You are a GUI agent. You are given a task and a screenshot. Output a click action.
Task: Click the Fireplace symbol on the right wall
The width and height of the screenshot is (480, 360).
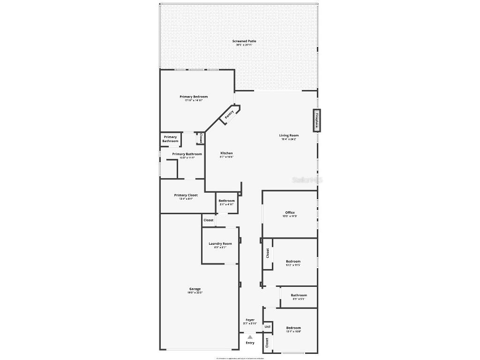(x=316, y=120)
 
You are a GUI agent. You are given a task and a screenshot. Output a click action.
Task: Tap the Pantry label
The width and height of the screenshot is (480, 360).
(x=229, y=114)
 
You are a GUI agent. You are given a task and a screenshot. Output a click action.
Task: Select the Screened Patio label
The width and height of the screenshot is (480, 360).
(x=244, y=41)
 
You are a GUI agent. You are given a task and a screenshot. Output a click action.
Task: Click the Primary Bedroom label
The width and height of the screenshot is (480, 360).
(x=194, y=97)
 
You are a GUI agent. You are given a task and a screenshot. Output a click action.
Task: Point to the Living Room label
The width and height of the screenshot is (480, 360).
(x=289, y=135)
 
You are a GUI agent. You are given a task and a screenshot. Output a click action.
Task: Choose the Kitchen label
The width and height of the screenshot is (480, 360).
(x=226, y=153)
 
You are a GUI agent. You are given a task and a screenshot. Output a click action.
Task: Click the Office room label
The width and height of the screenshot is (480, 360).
(x=290, y=213)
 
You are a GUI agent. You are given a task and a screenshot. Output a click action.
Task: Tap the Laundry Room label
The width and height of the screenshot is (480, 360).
(x=220, y=244)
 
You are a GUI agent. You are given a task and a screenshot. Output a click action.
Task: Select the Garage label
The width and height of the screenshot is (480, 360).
(x=195, y=289)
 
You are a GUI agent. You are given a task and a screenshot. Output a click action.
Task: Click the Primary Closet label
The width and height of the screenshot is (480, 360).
(x=186, y=195)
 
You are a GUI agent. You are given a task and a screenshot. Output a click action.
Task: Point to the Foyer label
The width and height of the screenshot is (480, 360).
(x=250, y=320)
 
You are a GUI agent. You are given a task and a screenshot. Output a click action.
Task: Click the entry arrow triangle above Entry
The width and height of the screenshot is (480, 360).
(x=250, y=337)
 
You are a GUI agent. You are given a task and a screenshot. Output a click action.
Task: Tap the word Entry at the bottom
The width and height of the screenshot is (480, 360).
(x=250, y=343)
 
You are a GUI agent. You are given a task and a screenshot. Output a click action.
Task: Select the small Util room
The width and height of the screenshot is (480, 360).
(x=268, y=326)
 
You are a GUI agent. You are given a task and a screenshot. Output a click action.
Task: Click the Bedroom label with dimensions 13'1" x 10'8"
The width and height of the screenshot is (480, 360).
(x=293, y=328)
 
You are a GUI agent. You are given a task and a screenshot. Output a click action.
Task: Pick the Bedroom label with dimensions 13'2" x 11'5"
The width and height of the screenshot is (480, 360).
(x=293, y=261)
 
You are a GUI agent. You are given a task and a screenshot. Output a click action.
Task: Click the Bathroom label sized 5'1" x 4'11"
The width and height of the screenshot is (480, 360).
(x=226, y=201)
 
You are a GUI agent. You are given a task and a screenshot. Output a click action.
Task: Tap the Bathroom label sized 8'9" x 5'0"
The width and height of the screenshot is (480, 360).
(x=299, y=295)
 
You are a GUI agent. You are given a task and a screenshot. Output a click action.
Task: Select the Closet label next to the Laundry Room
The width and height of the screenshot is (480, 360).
(x=208, y=220)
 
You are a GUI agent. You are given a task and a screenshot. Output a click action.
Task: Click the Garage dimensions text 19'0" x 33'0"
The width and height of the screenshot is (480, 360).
(x=195, y=292)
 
